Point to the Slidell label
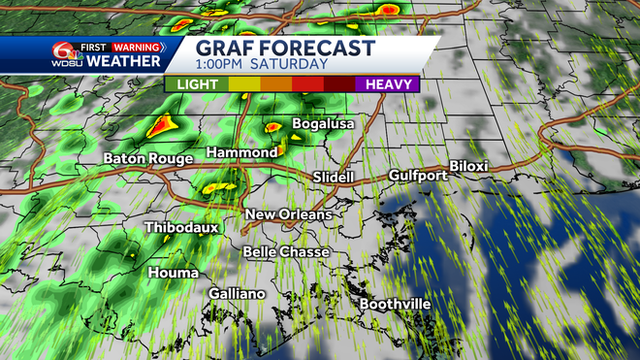pyautogui.click(x=334, y=178)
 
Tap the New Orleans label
pyautogui.click(x=288, y=214)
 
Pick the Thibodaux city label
pyautogui.click(x=182, y=228)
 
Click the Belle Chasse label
pyautogui.click(x=286, y=252)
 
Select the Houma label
pyautogui.click(x=174, y=273)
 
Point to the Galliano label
pyautogui.click(x=237, y=293)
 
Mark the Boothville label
pyautogui.click(x=395, y=304)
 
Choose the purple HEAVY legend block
pyautogui.click(x=387, y=84)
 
